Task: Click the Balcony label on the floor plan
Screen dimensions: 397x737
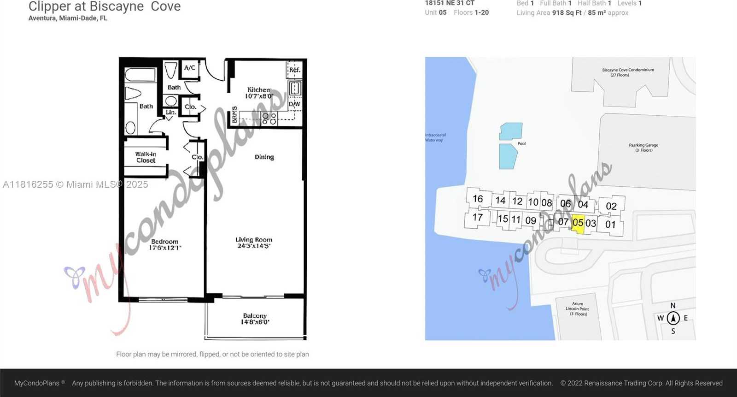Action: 255,319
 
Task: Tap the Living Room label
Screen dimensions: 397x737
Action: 254,243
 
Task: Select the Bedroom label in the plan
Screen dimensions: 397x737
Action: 164,244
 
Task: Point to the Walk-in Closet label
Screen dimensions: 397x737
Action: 146,157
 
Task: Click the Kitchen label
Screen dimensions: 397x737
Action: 258,93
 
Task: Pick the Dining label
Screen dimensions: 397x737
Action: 264,157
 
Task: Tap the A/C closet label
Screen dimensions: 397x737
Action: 189,68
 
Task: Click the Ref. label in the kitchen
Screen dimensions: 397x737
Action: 294,70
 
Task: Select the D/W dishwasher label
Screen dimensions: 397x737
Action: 294,104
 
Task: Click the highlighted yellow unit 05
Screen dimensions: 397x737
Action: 578,223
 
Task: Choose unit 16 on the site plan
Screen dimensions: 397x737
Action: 478,199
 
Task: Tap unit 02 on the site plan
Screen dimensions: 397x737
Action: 611,206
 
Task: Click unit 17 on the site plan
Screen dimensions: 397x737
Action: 478,217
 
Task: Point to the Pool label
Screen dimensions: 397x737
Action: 521,143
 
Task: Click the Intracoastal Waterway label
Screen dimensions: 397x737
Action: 435,137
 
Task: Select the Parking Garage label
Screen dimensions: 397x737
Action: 643,148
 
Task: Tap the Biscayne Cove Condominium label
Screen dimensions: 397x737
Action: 628,72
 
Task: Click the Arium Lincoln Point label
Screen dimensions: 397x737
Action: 577,309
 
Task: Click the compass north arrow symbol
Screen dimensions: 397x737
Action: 673,318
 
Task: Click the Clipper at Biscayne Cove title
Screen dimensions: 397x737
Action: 105,6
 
